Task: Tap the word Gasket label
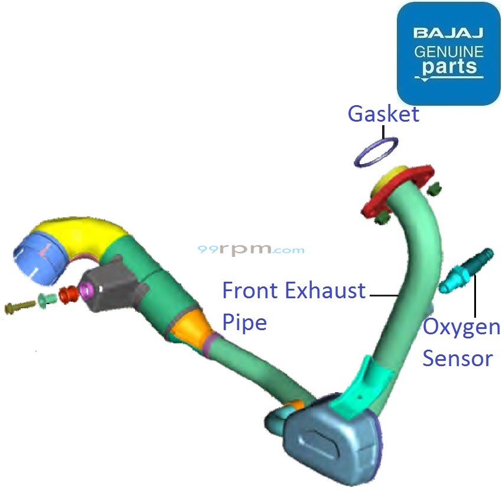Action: [383, 113]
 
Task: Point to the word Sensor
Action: [458, 358]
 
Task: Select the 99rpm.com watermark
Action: [251, 250]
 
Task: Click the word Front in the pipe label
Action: [250, 291]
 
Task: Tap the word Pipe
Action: [245, 322]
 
